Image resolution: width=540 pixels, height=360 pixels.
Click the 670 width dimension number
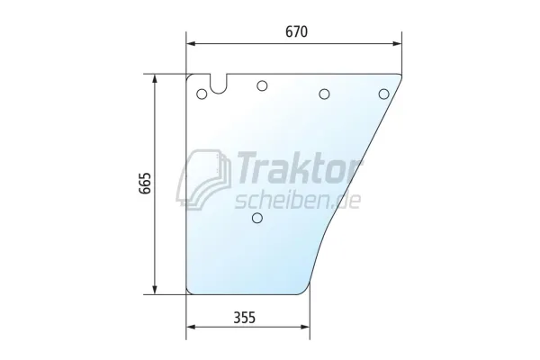296,31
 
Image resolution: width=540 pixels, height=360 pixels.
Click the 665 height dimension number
145,184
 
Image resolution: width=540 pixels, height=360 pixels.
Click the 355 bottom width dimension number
245,318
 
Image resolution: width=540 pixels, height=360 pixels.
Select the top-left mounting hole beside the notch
202,94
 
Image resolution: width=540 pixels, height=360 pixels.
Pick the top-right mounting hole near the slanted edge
384,94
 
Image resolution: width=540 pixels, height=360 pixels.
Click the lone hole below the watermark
257,218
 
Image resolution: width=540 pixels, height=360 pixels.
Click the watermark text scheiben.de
298,201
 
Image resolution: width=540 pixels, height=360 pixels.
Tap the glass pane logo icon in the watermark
204,179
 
